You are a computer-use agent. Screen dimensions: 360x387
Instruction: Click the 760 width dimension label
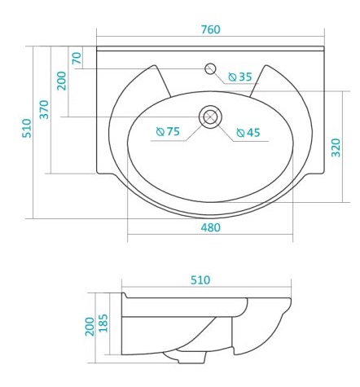tap(211, 29)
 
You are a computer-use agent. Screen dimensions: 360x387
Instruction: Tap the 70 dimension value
tap(77, 58)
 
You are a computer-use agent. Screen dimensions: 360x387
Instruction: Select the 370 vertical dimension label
tap(44, 109)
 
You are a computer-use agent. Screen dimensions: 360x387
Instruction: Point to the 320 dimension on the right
tap(336, 147)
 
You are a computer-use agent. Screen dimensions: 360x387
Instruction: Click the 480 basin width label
tap(211, 227)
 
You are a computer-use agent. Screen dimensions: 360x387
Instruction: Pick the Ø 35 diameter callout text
tap(240, 77)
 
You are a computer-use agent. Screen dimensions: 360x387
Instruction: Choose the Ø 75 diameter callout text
tap(168, 131)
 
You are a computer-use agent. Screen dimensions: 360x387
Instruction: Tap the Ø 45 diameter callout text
tap(248, 133)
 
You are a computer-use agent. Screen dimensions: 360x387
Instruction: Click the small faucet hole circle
tap(210, 68)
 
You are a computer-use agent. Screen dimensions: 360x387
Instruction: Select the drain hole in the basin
tap(210, 117)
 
